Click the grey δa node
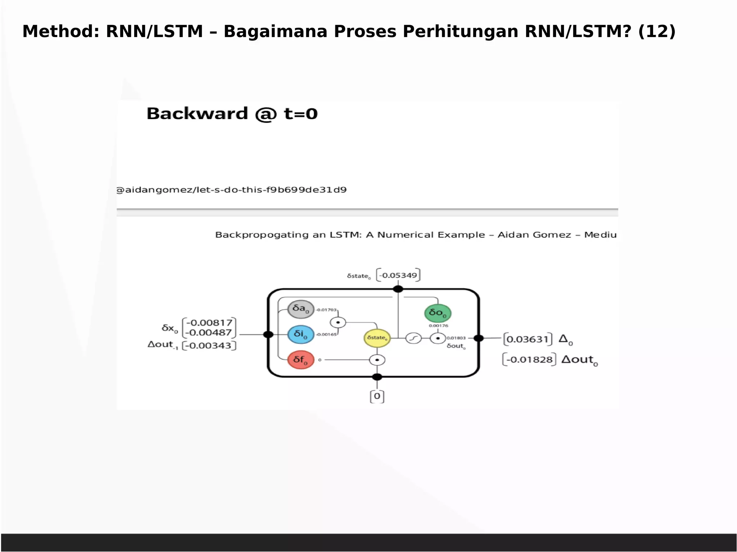pyautogui.click(x=301, y=309)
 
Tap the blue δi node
pyautogui.click(x=301, y=334)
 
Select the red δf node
pyautogui.click(x=301, y=360)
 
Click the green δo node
pyautogui.click(x=438, y=313)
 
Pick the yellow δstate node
pyautogui.click(x=377, y=338)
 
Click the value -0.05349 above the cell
pyautogui.click(x=398, y=275)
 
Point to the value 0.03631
pyautogui.click(x=527, y=339)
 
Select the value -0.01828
pyautogui.click(x=529, y=360)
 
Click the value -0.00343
pyautogui.click(x=209, y=346)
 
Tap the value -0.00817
pyautogui.click(x=209, y=323)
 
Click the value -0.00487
pyautogui.click(x=209, y=333)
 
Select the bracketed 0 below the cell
pyautogui.click(x=377, y=396)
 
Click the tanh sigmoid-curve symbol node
pyautogui.click(x=413, y=338)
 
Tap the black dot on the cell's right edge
pyautogui.click(x=478, y=338)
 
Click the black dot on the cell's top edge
pyautogui.click(x=398, y=289)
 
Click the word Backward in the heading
pyautogui.click(x=197, y=114)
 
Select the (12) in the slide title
pyautogui.click(x=657, y=31)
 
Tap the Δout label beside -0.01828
pyautogui.click(x=579, y=360)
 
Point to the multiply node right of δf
pyautogui.click(x=377, y=360)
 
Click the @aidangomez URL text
pyautogui.click(x=231, y=190)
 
